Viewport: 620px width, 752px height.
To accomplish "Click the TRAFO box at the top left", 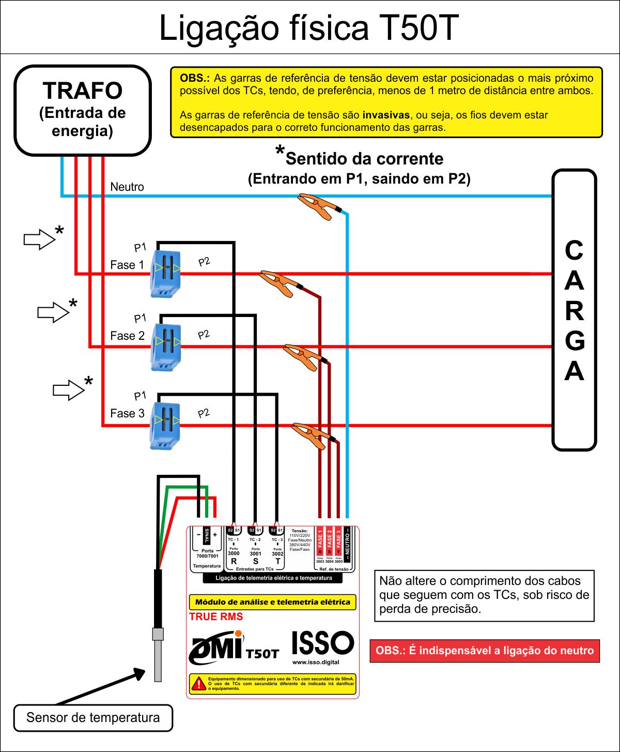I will pyautogui.click(x=83, y=110).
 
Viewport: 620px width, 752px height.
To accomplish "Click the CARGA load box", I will pyautogui.click(x=574, y=310).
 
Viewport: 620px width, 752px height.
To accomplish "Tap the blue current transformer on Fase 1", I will pyautogui.click(x=166, y=273).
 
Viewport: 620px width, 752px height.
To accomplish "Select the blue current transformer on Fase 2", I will pyautogui.click(x=166, y=346).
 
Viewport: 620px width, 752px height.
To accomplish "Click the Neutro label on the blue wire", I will pyautogui.click(x=127, y=187).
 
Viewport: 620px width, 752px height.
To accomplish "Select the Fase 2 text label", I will pyautogui.click(x=127, y=336).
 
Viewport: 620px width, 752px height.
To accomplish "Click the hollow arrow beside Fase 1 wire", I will pyautogui.click(x=39, y=239).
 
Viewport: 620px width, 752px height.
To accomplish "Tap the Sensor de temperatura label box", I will pyautogui.click(x=93, y=718).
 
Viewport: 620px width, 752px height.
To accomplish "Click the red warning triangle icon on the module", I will pyautogui.click(x=198, y=683).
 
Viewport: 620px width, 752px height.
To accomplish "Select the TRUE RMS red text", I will pyautogui.click(x=216, y=616).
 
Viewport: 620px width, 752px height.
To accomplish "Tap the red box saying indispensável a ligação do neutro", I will pyautogui.click(x=485, y=651).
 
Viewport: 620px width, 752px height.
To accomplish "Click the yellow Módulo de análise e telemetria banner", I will pyautogui.click(x=272, y=601).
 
